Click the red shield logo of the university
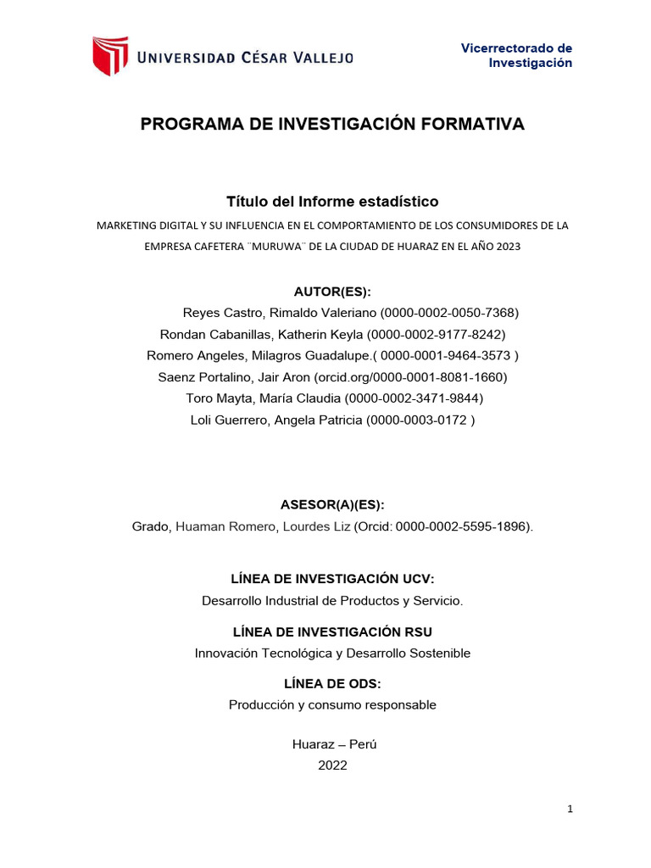[x=110, y=56]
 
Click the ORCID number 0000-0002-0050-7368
[x=450, y=313]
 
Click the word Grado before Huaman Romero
[x=151, y=526]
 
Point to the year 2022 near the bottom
[x=332, y=765]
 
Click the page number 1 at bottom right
[x=570, y=810]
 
